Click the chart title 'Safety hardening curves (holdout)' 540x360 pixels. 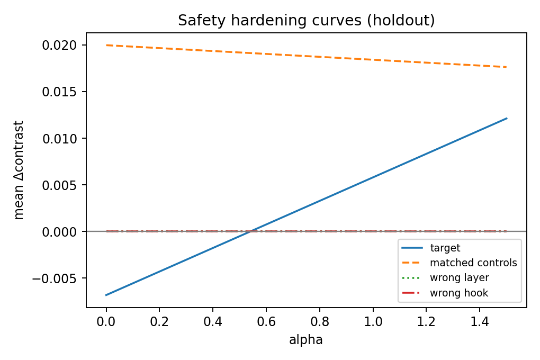(306, 21)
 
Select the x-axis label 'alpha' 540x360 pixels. (306, 340)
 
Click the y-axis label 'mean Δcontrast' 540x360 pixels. (19, 170)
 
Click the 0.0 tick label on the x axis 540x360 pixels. (106, 322)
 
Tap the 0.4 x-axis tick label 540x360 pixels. (213, 322)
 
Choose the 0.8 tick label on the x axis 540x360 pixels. (319, 322)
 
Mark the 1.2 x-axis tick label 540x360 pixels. (426, 322)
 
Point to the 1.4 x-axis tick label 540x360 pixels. (479, 322)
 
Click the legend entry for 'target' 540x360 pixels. (445, 248)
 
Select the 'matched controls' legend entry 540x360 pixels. (473, 263)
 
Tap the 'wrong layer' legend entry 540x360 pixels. (458, 278)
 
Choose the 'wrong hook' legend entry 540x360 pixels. (458, 293)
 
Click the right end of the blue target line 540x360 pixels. (506, 119)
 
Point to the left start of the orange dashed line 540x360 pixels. (106, 46)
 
